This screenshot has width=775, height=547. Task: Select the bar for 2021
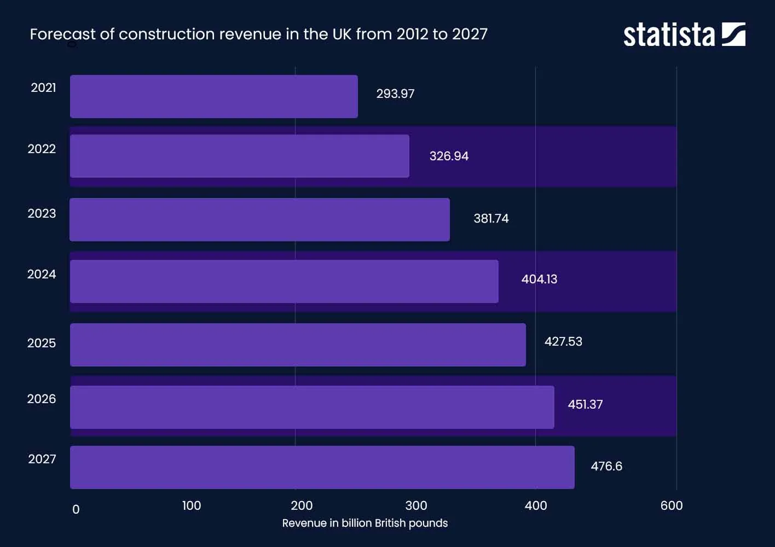213,96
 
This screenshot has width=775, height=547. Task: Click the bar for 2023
259,219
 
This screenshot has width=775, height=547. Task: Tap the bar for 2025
298,345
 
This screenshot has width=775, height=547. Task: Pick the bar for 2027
322,467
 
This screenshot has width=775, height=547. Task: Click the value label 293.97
395,94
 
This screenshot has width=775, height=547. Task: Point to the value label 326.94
449,156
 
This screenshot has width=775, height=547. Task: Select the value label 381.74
491,219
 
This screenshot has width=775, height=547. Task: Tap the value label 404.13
539,280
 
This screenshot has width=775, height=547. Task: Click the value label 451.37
585,405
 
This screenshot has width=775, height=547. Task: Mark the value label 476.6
606,467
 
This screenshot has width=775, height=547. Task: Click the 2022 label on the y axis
42,149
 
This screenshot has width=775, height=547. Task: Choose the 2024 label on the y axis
42,275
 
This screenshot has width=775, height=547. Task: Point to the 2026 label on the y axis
42,399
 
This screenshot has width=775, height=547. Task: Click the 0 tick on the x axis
76,510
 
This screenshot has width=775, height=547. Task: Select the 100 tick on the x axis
192,506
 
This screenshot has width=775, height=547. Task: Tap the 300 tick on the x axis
416,506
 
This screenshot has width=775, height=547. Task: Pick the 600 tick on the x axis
672,506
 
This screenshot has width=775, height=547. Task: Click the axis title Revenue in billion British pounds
365,523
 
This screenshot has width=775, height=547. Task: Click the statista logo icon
733,34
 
